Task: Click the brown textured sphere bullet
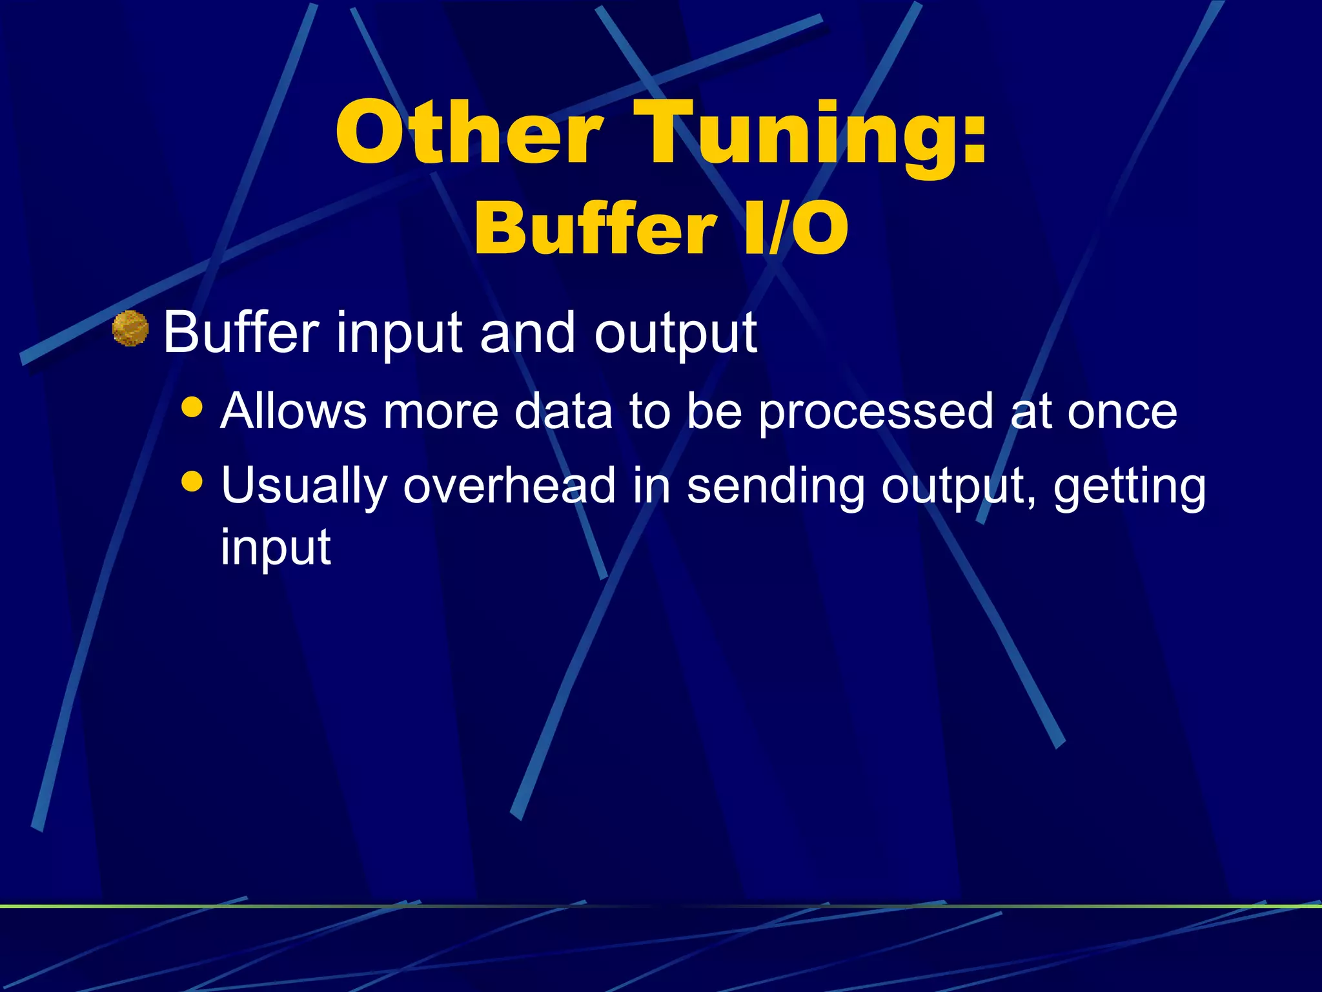(130, 329)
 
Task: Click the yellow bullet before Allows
(192, 408)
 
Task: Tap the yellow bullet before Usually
(192, 481)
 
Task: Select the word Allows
(294, 411)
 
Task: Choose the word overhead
(509, 485)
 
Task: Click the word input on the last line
(276, 548)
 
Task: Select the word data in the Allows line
(563, 411)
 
